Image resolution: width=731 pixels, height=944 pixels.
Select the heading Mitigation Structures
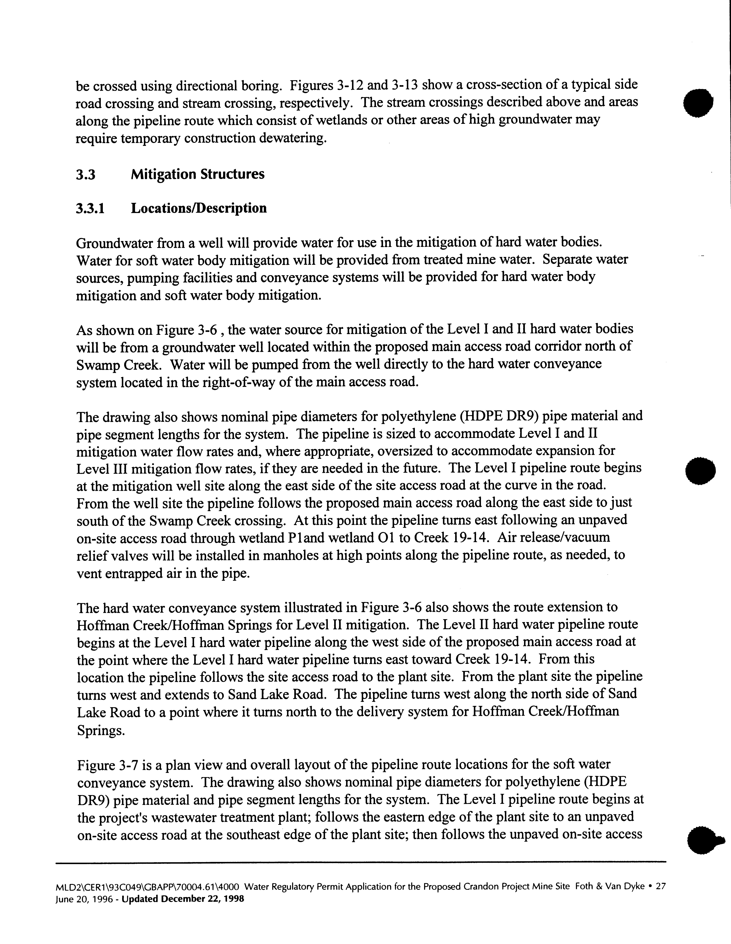198,175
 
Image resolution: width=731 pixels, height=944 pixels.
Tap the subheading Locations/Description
199,208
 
